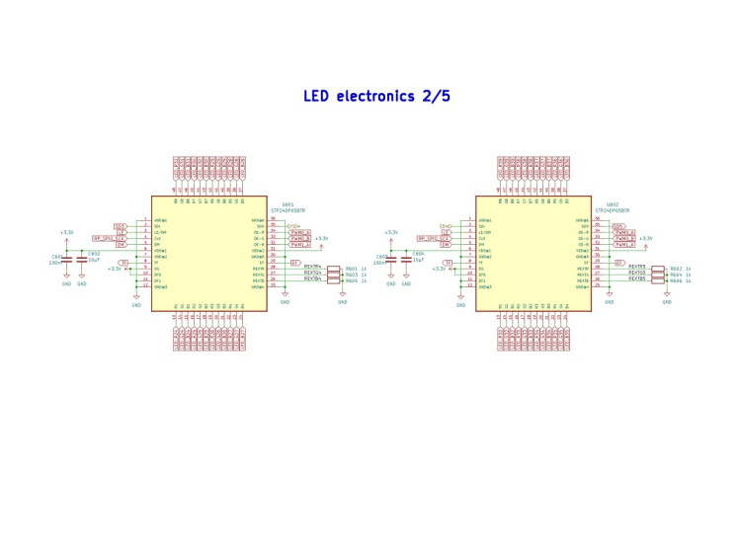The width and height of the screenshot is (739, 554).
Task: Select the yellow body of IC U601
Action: [211, 252]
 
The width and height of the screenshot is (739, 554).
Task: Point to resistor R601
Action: [333, 268]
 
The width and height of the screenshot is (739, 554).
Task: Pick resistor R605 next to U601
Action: [333, 280]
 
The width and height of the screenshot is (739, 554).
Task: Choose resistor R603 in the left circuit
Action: [333, 275]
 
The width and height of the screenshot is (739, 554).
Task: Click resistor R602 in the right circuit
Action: [657, 268]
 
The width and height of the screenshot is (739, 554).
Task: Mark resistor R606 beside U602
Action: [657, 280]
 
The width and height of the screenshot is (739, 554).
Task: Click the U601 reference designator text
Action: [287, 204]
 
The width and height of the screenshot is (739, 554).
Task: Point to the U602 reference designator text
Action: [612, 204]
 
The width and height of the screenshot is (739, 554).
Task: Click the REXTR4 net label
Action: [312, 267]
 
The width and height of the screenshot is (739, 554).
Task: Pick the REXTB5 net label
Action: [636, 279]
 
